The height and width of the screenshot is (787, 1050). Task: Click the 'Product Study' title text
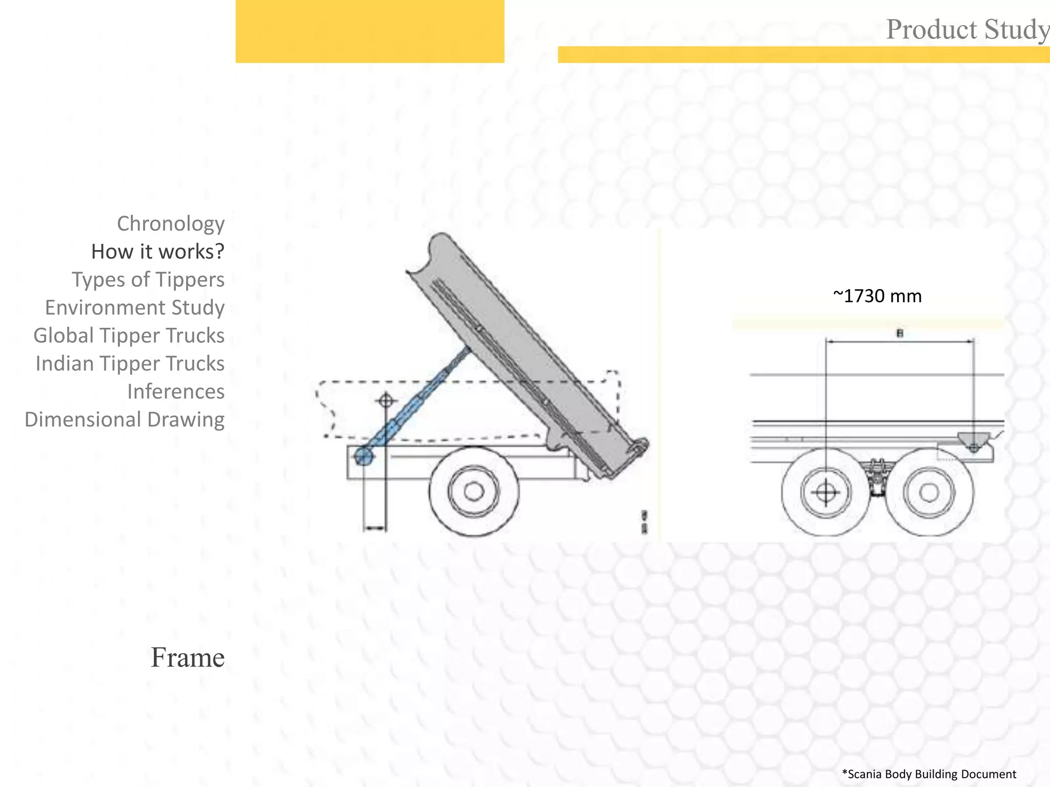[x=967, y=29]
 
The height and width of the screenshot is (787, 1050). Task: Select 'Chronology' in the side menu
[x=171, y=224]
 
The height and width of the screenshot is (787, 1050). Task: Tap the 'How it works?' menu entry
[x=158, y=252]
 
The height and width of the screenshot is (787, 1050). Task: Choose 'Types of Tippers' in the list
[x=148, y=280]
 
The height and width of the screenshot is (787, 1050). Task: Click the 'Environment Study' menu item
[x=135, y=307]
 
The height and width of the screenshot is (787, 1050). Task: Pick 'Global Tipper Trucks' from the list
[x=129, y=336]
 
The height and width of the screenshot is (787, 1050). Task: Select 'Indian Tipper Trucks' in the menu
[x=130, y=364]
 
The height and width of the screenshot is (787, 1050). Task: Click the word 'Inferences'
[x=176, y=391]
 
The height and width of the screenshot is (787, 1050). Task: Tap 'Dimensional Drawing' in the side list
[x=125, y=420]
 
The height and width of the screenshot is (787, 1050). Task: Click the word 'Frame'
[x=188, y=657]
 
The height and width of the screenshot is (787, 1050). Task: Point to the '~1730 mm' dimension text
[x=877, y=296]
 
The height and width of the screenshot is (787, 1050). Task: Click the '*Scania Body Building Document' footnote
[x=929, y=774]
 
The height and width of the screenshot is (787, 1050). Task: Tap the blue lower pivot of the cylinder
[x=364, y=455]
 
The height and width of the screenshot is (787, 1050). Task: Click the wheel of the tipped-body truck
[x=474, y=491]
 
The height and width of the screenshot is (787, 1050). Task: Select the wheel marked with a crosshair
[x=825, y=492]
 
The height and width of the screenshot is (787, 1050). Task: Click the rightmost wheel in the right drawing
[x=929, y=492]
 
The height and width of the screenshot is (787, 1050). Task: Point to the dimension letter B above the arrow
[x=900, y=334]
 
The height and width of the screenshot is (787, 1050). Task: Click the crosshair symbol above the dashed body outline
[x=386, y=400]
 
